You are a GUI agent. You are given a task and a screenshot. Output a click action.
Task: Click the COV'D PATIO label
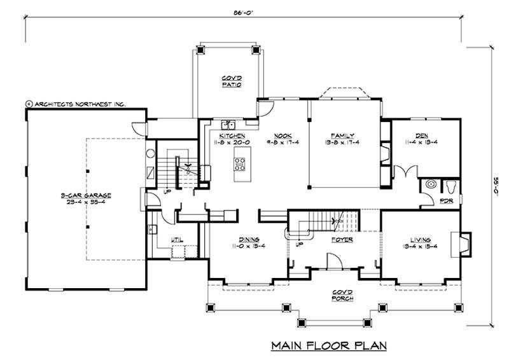coord(231,81)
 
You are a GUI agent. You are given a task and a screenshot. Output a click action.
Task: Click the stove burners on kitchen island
coord(241,165)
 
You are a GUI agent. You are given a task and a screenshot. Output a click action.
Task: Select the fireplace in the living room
coord(463,242)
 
